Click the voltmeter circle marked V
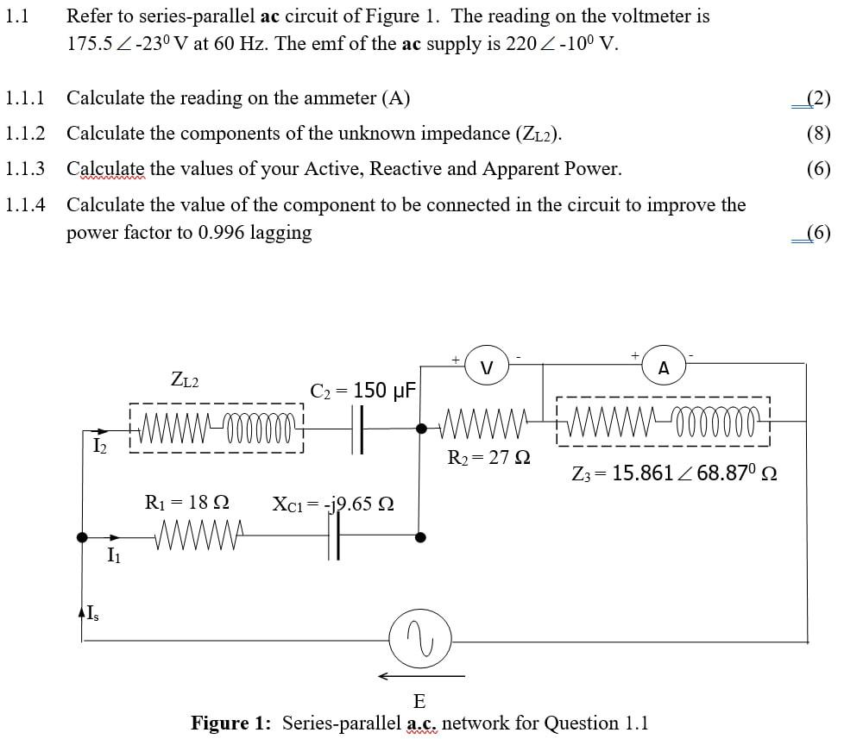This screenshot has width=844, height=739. coord(486,366)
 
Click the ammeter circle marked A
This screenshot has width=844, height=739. coord(663,367)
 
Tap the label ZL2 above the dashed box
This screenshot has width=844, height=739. coord(185,378)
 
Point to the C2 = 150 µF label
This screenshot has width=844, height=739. coord(363,391)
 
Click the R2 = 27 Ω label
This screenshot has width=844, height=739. coord(488,458)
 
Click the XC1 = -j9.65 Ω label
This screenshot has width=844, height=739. coord(333,503)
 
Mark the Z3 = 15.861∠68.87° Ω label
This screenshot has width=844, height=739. coord(674,473)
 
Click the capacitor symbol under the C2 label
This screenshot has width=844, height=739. coord(360,429)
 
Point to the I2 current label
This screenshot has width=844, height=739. coord(99,446)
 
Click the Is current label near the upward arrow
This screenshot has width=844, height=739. coord(90,614)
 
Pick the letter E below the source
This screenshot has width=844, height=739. coord(420,699)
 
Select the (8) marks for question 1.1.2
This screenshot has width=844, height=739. coord(818,134)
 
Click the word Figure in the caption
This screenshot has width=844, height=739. coord(227,723)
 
